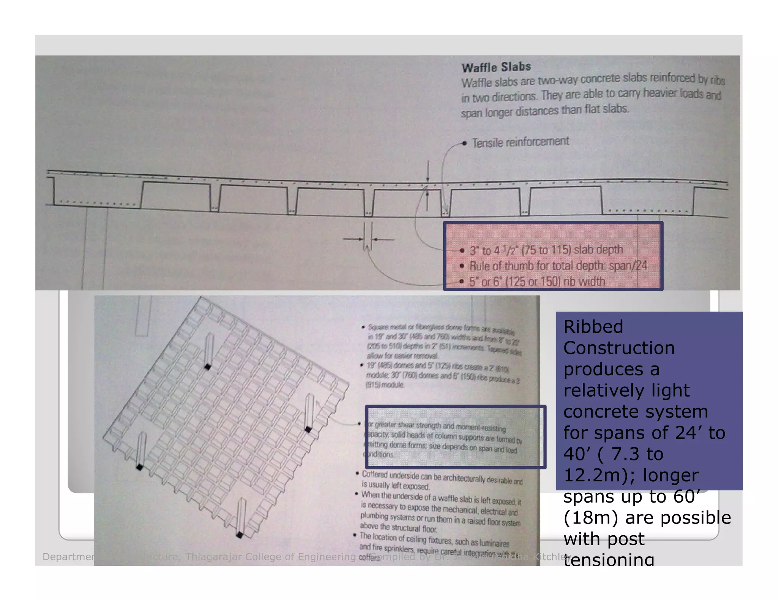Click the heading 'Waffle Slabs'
click(x=496, y=67)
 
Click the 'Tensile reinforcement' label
click(x=520, y=142)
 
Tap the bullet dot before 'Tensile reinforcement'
click(x=464, y=143)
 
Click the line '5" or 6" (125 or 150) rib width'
click(x=537, y=282)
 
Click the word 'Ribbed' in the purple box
click(x=593, y=327)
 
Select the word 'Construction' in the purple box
click(x=619, y=348)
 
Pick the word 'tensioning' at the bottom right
click(x=609, y=559)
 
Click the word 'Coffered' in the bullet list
click(x=375, y=474)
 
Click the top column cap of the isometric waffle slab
click(x=208, y=367)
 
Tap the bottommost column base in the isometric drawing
click(x=239, y=535)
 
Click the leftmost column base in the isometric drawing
click(x=139, y=467)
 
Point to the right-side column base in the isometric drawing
click(x=308, y=429)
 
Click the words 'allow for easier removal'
click(x=402, y=356)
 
